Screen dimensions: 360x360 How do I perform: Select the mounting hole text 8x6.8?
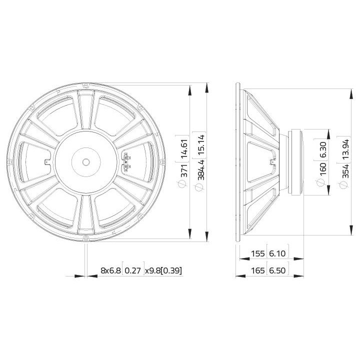pos(110,270)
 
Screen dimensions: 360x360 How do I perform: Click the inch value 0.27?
pos(133,270)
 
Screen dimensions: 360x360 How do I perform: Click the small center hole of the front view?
pos(85,162)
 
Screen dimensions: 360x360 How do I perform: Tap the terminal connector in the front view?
pos(126,161)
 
